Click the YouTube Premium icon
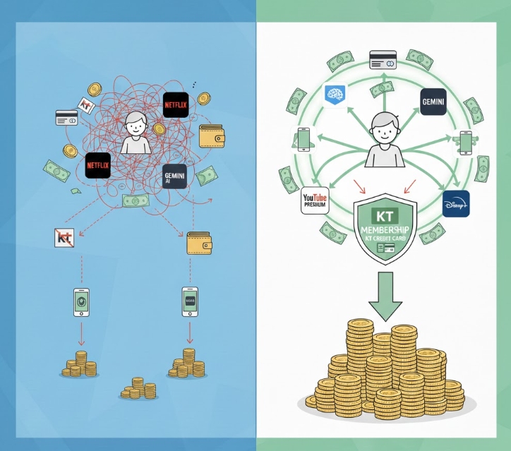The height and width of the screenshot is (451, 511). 315,202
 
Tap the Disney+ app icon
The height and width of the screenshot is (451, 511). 456,204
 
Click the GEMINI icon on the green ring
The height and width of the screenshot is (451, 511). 433,102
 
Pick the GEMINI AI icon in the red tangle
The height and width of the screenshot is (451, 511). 173,175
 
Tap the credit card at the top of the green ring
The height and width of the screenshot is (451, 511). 383,59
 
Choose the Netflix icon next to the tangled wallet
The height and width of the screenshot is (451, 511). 176,105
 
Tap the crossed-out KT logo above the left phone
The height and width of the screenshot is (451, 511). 65,239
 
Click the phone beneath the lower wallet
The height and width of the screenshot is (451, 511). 190,301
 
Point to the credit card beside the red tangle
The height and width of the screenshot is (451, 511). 67,117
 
